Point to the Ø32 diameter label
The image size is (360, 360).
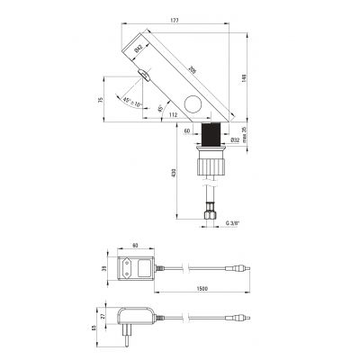pos(236,139)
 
